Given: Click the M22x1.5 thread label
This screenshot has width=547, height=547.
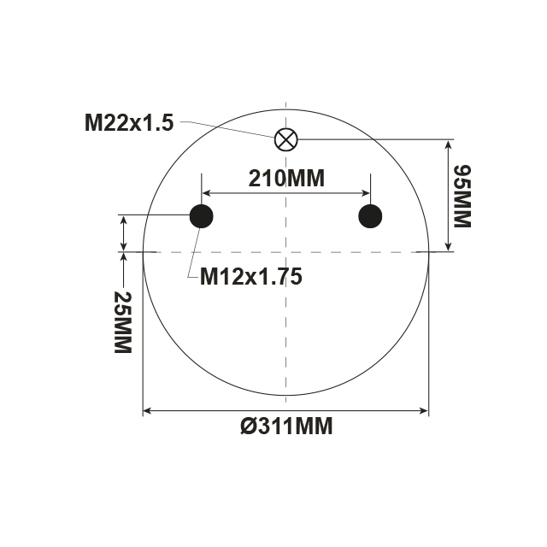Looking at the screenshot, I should [x=129, y=122].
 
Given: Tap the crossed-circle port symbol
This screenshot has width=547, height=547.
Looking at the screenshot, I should [x=285, y=138].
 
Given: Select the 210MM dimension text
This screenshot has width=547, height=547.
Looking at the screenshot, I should [x=286, y=179].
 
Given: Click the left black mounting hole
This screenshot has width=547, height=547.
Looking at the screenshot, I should [x=201, y=216].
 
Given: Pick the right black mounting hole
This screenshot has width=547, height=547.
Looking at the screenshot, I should [x=370, y=216].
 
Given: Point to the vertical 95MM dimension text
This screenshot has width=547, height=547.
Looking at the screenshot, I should [x=461, y=196].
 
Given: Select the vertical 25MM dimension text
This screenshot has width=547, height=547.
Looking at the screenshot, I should [x=122, y=323].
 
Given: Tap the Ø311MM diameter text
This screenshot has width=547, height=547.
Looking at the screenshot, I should [x=286, y=426].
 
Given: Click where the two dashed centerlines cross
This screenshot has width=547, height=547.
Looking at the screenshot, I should [x=285, y=251].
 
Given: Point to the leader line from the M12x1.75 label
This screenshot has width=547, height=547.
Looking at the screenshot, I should [x=192, y=252].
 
